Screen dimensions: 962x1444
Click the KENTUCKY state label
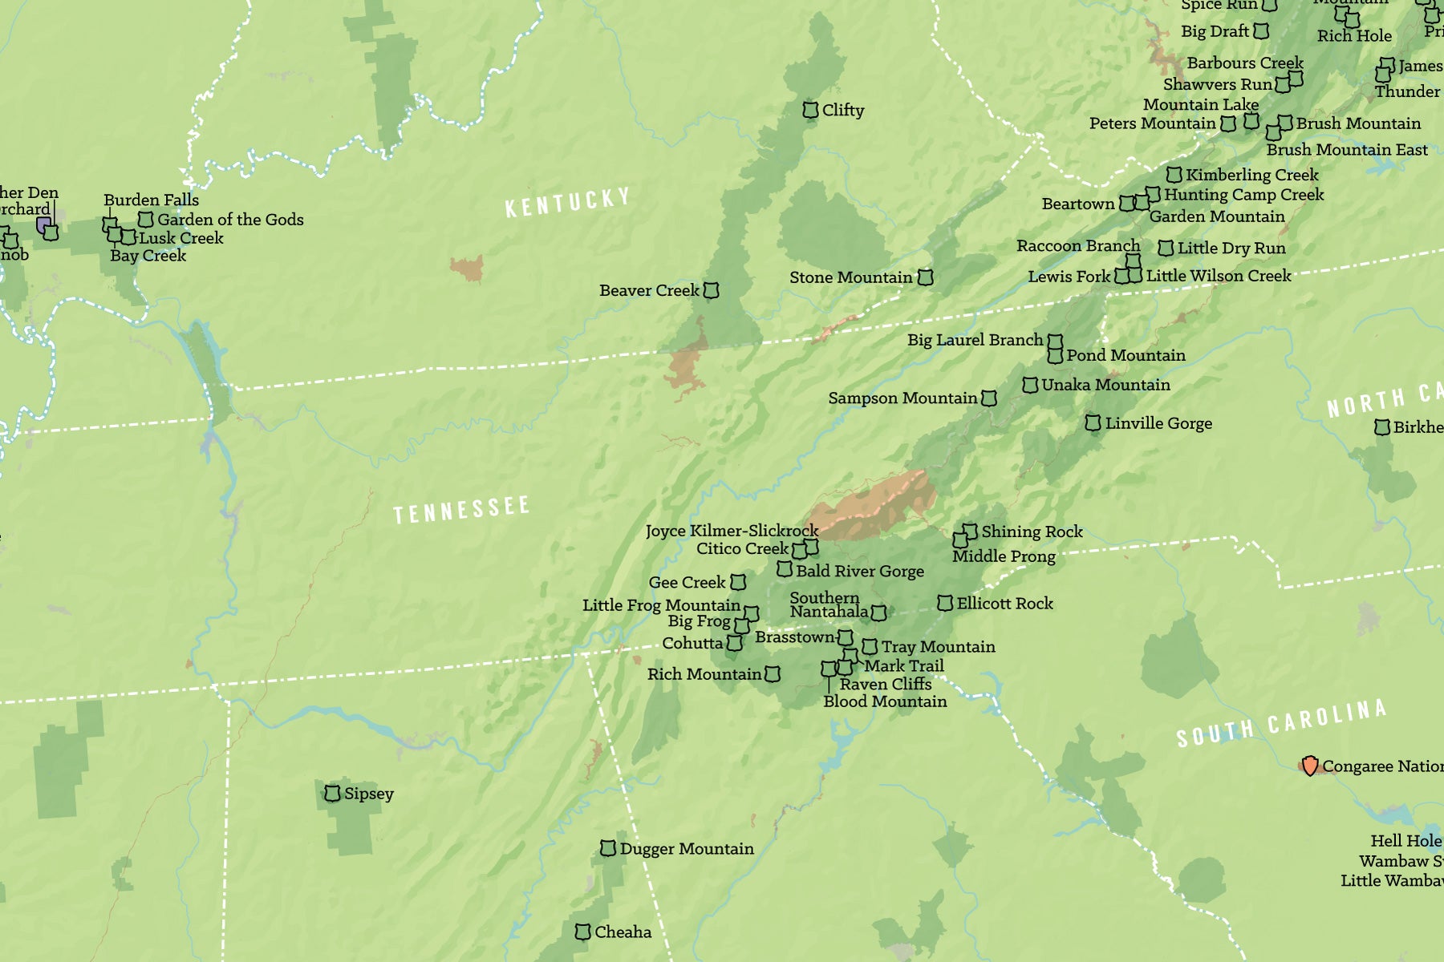click(567, 202)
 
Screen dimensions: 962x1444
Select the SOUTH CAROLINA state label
click(1281, 723)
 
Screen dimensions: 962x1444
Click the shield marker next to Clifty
click(810, 110)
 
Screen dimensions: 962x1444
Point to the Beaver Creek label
click(649, 290)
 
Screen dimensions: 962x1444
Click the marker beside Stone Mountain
click(925, 277)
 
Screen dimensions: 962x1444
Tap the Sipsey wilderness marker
click(332, 794)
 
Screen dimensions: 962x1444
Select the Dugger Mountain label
click(687, 848)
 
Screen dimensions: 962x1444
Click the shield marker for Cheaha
click(583, 932)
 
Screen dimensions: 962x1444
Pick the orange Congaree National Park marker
click(1310, 766)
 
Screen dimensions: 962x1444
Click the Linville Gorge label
click(1158, 423)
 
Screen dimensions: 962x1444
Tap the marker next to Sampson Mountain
click(989, 398)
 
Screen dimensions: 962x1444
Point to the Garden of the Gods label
click(230, 220)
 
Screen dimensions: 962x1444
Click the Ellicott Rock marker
click(945, 603)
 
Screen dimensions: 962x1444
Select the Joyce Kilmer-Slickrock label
click(732, 531)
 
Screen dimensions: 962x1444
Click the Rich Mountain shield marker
click(773, 674)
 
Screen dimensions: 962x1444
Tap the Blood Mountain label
click(885, 701)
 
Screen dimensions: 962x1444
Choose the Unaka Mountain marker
click(1030, 385)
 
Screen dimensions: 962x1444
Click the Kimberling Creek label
click(1251, 175)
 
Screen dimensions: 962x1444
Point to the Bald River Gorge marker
click(785, 569)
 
